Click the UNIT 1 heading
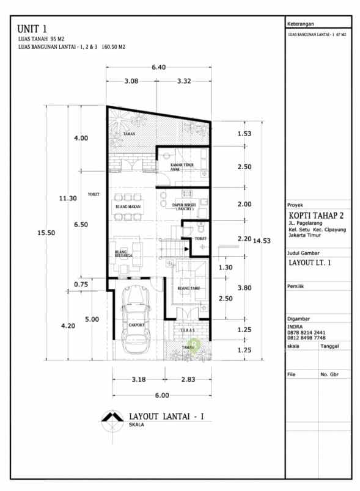click(33, 29)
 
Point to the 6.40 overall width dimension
click(158, 67)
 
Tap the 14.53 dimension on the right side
click(262, 239)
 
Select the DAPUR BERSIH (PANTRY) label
click(185, 207)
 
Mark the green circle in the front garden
click(194, 346)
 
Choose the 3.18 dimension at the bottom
click(139, 380)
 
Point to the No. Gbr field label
click(329, 374)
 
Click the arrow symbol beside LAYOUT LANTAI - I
click(112, 419)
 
